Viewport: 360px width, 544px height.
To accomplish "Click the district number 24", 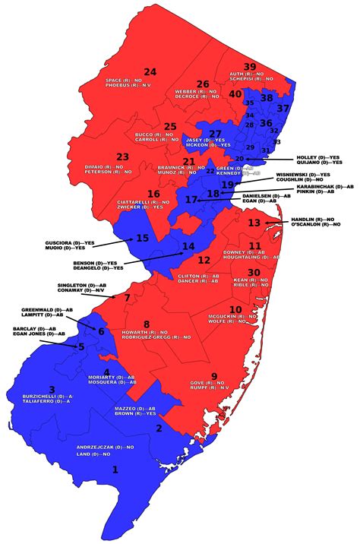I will (150, 72).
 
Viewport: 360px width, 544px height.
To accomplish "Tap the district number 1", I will (115, 470).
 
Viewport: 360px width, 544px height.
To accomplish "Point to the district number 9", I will (214, 375).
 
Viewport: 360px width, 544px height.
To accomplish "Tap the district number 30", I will (255, 272).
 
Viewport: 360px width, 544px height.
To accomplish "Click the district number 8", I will (147, 324).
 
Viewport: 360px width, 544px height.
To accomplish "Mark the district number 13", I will (254, 223).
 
